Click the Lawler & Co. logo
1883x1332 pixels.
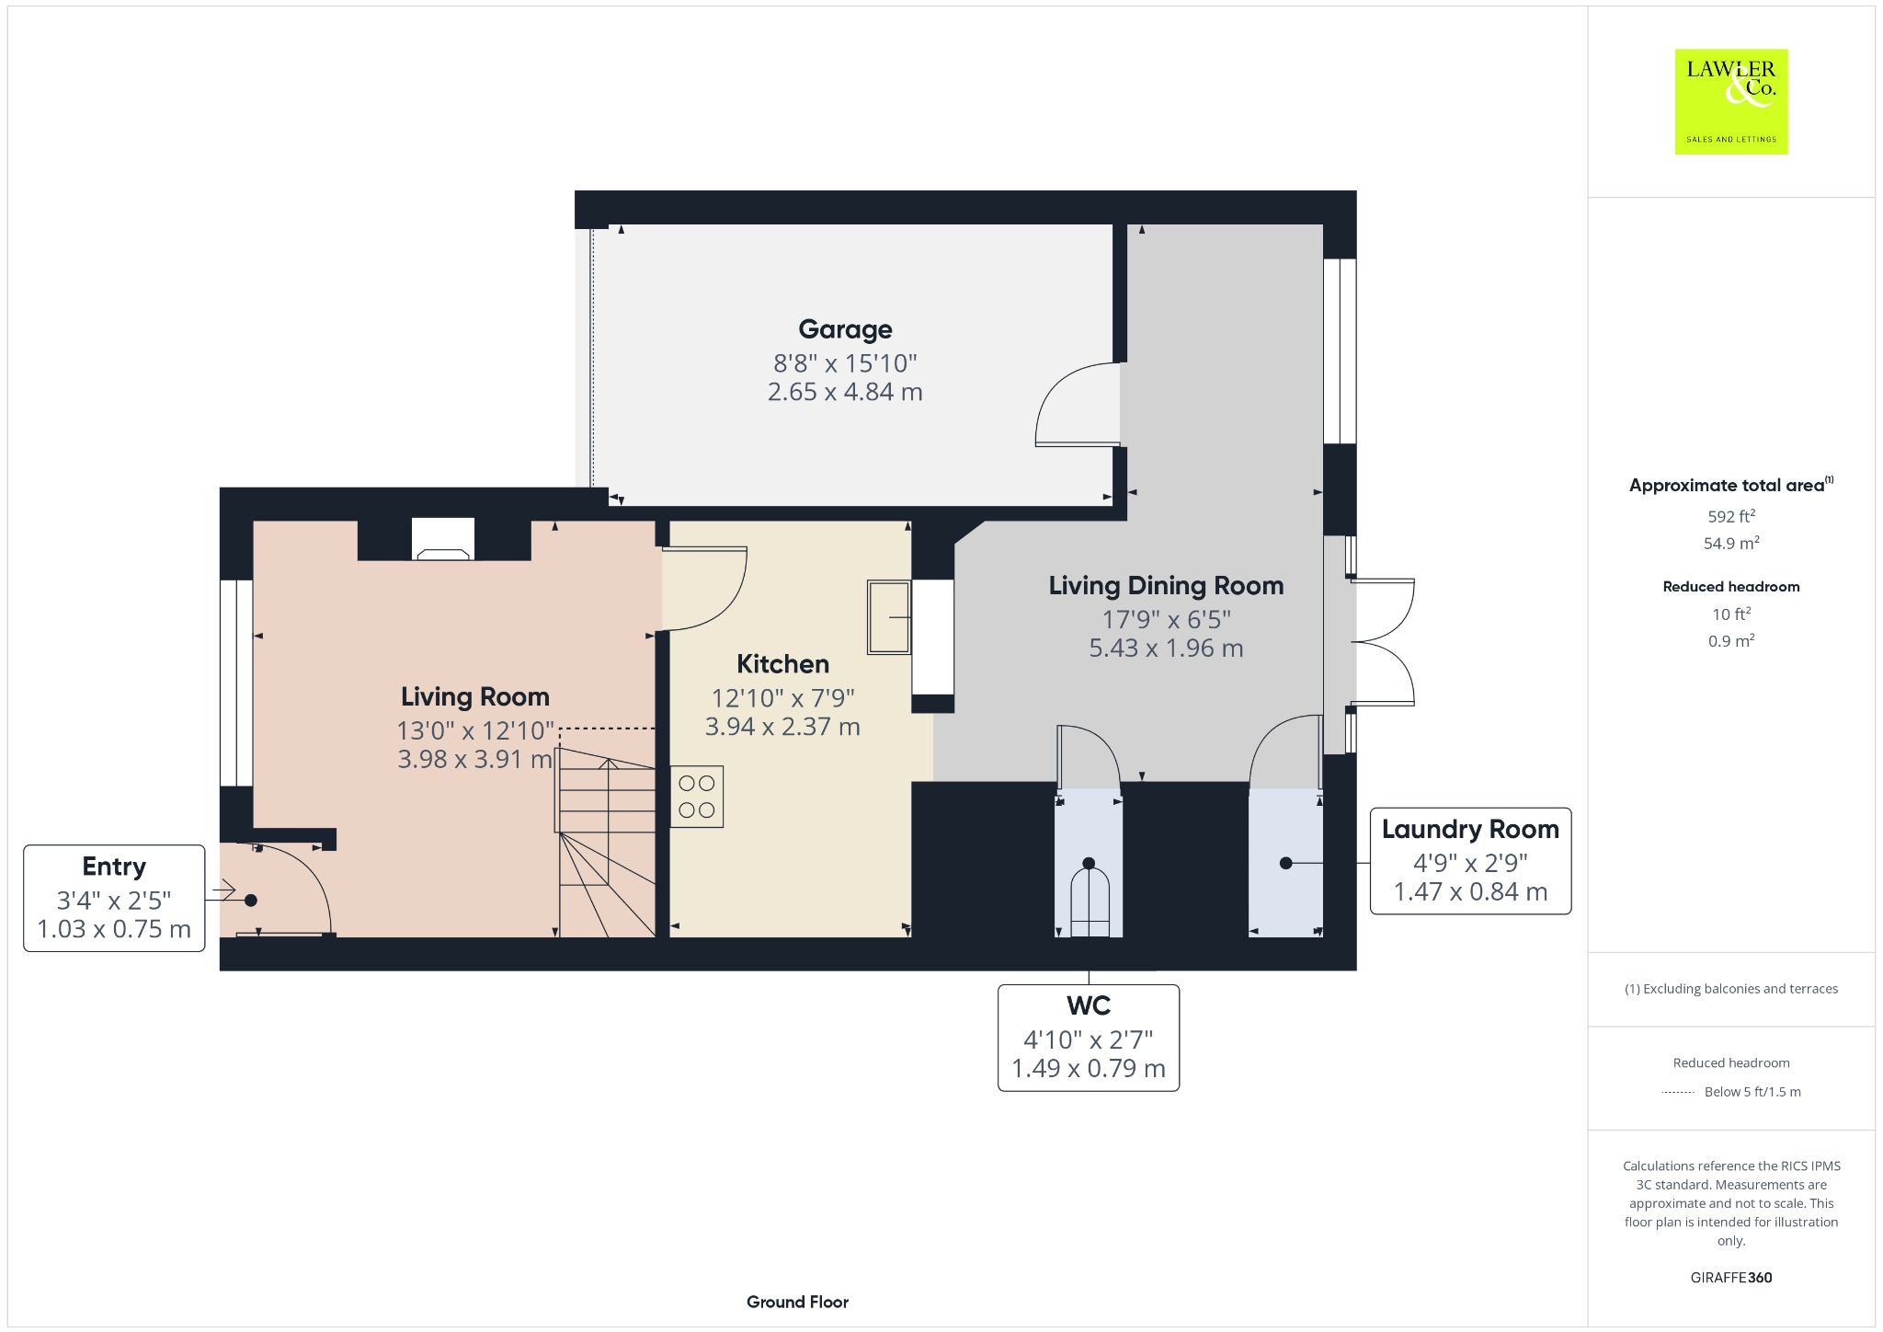pos(1730,101)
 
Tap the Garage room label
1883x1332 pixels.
pos(845,329)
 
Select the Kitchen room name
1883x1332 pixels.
pos(782,664)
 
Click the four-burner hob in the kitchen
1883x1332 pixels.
pos(696,797)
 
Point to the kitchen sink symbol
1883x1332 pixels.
pos(889,616)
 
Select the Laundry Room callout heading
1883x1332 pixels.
pos(1469,830)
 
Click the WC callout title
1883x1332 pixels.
pos(1089,1006)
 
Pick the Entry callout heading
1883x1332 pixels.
pos(114,867)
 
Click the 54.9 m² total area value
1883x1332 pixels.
pos(1730,544)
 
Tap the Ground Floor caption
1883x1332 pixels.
pos(797,1302)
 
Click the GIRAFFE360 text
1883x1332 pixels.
pos(1730,1278)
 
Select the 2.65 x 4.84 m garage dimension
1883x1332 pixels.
pos(845,392)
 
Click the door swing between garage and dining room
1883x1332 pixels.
pos(1076,405)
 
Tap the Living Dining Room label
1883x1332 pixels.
pos(1166,586)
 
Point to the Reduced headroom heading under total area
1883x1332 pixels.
pos(1730,587)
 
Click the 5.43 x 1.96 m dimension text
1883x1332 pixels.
pos(1166,649)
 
